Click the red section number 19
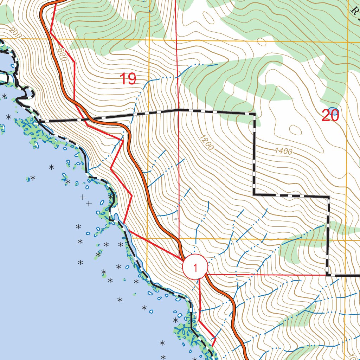click(x=128, y=79)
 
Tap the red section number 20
click(x=330, y=115)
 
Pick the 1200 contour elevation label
click(x=207, y=143)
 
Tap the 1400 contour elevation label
click(x=283, y=151)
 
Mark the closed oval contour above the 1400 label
click(x=295, y=130)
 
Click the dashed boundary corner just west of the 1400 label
click(x=253, y=194)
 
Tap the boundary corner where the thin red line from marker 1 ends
click(x=328, y=275)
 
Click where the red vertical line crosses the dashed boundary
click(x=179, y=110)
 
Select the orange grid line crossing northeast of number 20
click(x=347, y=41)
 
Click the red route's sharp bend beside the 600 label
click(x=75, y=62)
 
